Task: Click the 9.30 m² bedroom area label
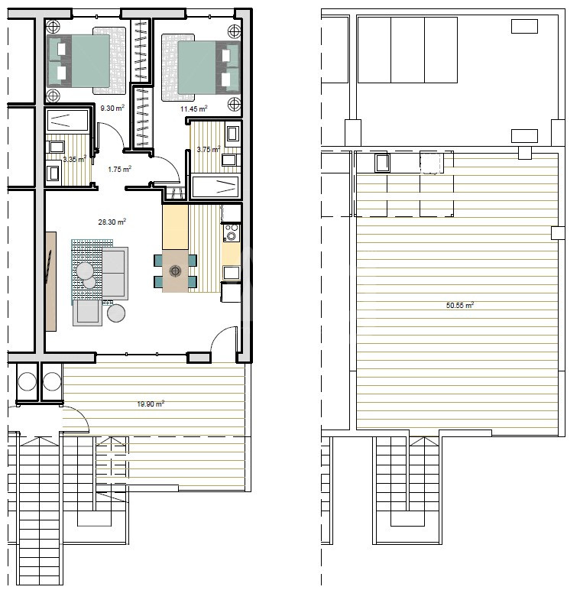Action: pos(112,108)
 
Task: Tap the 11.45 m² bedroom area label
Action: pos(193,109)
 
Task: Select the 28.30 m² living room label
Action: pos(112,222)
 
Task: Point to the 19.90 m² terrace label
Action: pos(151,404)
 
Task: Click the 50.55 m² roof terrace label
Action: pos(459,305)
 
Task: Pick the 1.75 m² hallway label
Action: pos(119,170)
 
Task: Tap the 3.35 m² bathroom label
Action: pos(74,159)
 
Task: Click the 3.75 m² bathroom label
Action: pos(208,149)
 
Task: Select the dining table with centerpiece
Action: pos(175,271)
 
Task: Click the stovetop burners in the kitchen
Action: pos(231,232)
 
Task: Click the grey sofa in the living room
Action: pos(115,273)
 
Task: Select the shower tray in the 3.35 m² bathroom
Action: pos(68,121)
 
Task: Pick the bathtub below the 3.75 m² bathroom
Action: pos(215,186)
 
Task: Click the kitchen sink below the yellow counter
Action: pos(231,272)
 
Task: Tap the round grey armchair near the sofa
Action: pos(116,313)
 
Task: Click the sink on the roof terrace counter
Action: pos(382,164)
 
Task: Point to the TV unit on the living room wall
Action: pos(50,281)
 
